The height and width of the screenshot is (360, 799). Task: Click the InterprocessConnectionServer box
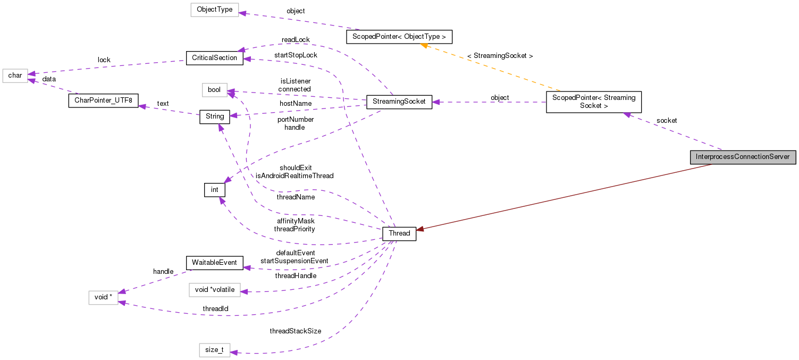pos(742,157)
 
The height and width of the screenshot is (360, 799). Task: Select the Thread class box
pos(399,233)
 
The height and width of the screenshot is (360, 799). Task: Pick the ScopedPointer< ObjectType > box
pos(399,37)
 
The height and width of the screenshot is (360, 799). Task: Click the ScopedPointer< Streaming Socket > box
pos(594,102)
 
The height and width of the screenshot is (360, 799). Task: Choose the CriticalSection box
pos(214,58)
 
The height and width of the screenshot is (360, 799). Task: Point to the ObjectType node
pos(214,10)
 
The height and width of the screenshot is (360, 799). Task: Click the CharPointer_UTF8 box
pos(104,101)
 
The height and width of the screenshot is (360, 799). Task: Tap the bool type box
pos(214,90)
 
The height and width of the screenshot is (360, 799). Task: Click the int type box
pos(214,190)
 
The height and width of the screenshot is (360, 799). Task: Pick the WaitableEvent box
pos(214,263)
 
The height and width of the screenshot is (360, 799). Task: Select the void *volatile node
pos(214,290)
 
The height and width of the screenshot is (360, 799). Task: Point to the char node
pos(15,76)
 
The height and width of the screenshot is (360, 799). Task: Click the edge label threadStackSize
pos(295,331)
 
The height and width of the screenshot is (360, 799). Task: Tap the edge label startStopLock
pos(296,55)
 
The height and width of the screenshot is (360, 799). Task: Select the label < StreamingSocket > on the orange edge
pos(500,56)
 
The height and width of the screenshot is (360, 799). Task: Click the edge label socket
pos(666,121)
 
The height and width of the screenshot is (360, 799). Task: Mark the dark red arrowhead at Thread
pos(420,229)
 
